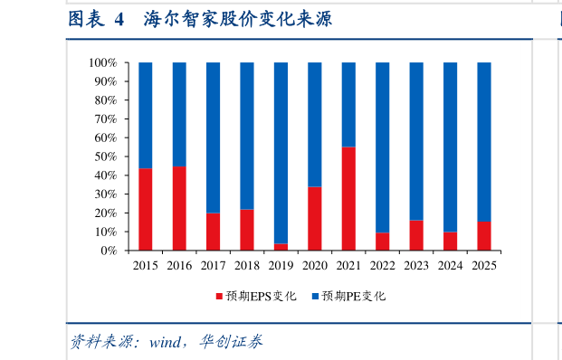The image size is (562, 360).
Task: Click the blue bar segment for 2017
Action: (x=213, y=137)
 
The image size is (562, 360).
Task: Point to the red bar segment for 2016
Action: (x=179, y=209)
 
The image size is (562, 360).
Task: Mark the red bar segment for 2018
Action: (x=247, y=230)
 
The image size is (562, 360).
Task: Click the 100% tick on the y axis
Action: (x=102, y=63)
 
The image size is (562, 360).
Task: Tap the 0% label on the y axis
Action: (x=109, y=251)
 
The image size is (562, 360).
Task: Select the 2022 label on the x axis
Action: (x=382, y=266)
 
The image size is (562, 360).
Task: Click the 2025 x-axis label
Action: (x=484, y=266)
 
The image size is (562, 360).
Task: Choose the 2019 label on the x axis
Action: (x=281, y=266)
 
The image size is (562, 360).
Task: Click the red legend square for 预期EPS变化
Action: (x=218, y=296)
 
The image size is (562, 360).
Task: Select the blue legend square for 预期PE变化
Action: (x=315, y=296)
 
